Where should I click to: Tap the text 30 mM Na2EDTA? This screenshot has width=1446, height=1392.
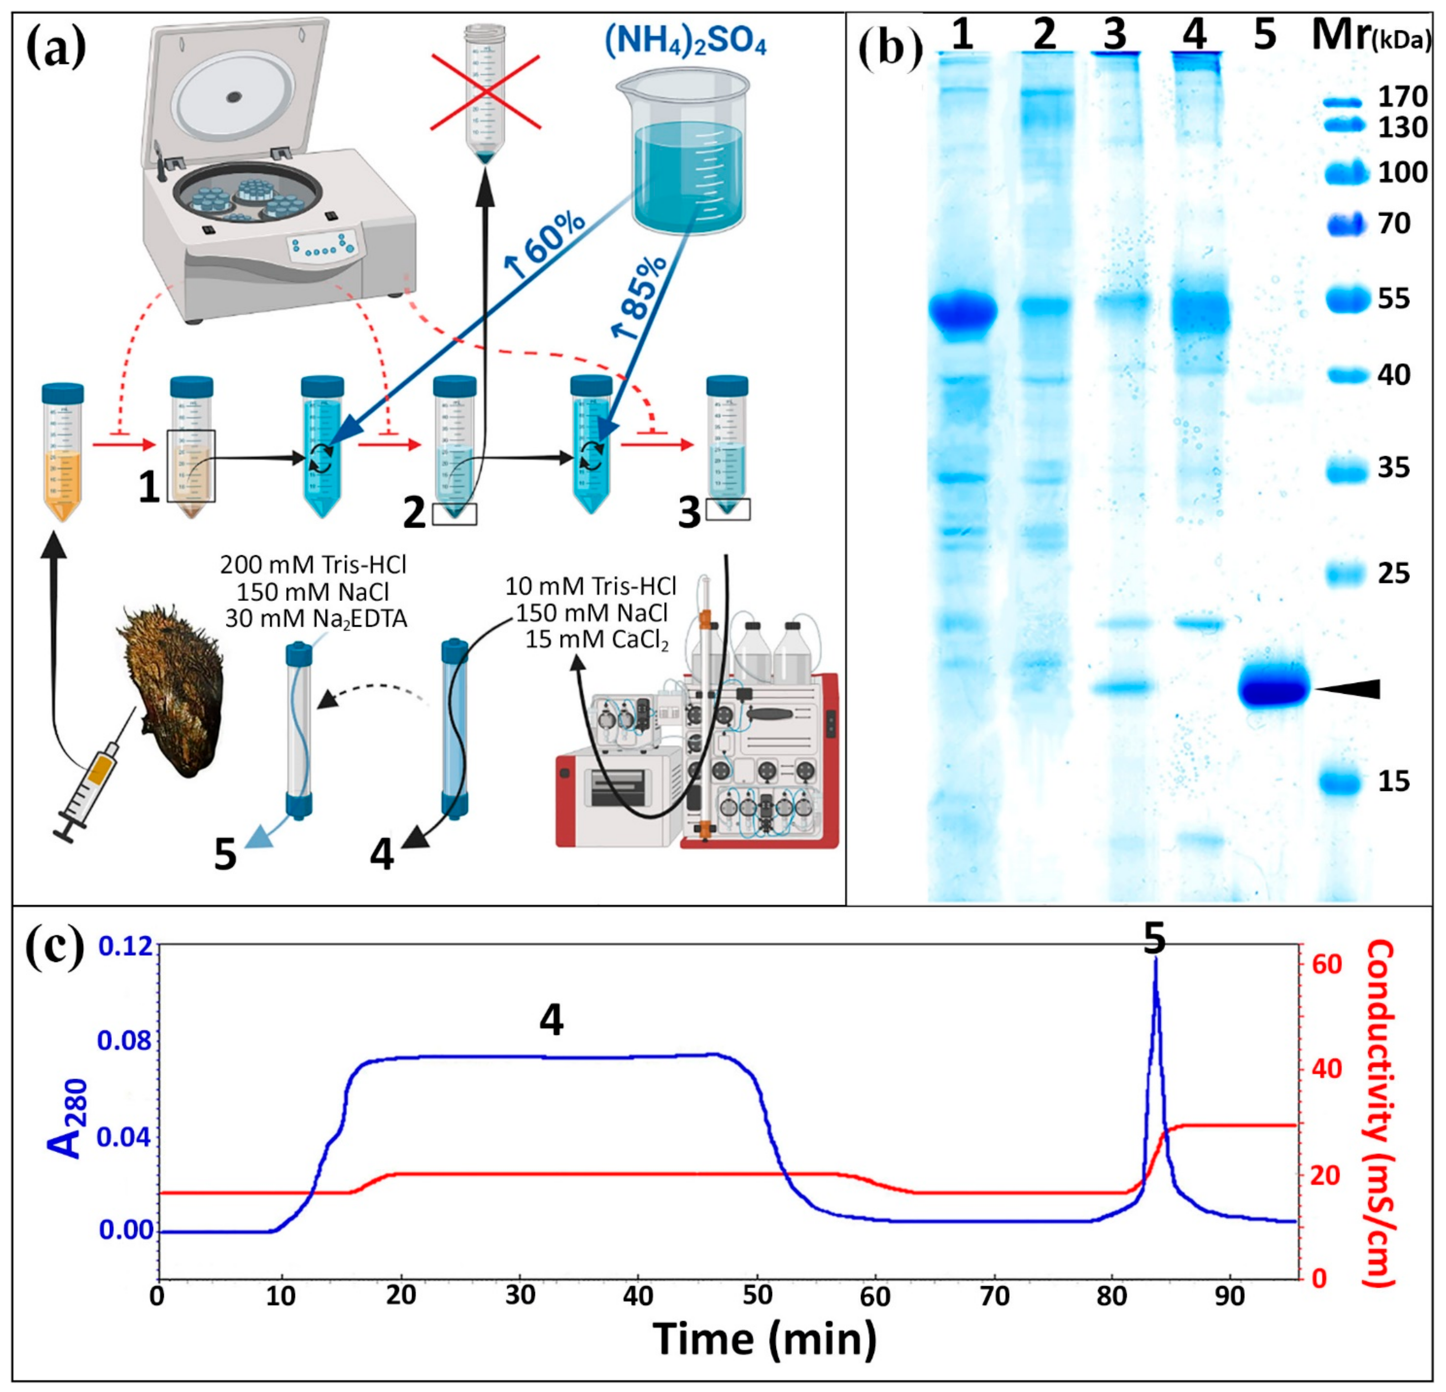(316, 618)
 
